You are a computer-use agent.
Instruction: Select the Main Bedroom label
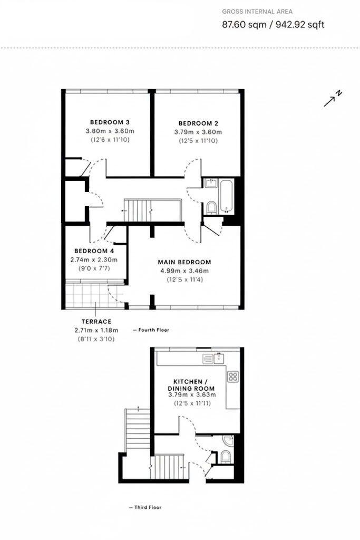coord(184,262)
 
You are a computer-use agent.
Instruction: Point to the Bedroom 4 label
coord(94,251)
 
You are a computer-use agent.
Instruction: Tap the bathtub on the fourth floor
coord(226,196)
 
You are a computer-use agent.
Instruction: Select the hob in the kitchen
coord(232,377)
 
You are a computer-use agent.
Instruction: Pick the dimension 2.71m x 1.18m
coord(96,330)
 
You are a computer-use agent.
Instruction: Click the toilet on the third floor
coord(226,456)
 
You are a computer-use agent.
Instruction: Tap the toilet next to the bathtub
coord(210,207)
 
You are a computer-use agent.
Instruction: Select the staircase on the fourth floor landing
coord(138,210)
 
